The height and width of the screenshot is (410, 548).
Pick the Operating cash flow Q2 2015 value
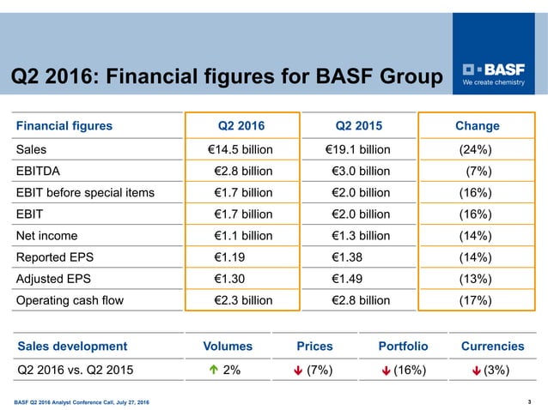pos(361,300)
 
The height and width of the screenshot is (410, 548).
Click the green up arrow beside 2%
pos(212,371)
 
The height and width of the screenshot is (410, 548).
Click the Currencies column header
pos(492,347)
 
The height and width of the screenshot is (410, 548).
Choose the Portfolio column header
pos(403,347)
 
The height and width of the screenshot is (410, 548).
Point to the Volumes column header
pos(228,347)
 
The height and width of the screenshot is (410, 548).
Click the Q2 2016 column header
pos(242,126)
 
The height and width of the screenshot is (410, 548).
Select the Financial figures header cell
pos(64,126)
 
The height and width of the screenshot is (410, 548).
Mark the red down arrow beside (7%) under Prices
pos(296,371)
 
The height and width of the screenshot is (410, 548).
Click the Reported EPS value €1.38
pos(349,257)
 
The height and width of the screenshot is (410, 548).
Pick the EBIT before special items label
pos(85,192)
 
